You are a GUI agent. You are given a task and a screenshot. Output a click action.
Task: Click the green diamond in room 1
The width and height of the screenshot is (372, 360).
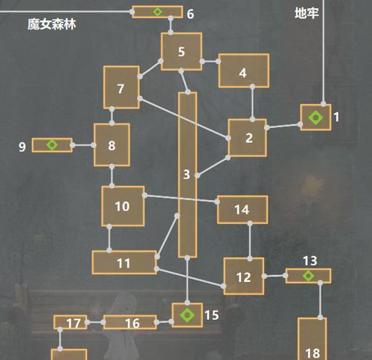[315, 118]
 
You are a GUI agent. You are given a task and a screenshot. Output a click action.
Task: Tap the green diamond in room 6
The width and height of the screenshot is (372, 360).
[157, 12]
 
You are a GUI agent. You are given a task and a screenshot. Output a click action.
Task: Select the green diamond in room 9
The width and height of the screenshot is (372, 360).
[52, 145]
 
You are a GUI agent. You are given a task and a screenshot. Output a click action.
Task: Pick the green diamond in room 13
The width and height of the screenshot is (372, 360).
[308, 276]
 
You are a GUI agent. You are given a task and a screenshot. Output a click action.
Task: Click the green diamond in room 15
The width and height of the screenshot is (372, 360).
[187, 315]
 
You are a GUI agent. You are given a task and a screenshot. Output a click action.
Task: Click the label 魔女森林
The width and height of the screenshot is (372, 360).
[51, 25]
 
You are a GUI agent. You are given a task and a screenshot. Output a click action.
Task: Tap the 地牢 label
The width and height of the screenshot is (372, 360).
[307, 13]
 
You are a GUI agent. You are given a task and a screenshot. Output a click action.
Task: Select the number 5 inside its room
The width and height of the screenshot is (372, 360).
[182, 52]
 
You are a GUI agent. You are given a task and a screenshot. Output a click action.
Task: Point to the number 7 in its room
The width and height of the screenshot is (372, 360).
[121, 89]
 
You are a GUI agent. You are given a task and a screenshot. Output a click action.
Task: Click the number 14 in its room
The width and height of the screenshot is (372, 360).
[242, 210]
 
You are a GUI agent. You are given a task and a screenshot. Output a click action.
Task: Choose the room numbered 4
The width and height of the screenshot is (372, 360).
[244, 71]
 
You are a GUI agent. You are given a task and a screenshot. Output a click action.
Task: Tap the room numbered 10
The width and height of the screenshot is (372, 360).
[123, 206]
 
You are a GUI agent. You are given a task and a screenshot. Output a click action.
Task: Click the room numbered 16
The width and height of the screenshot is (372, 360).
[130, 322]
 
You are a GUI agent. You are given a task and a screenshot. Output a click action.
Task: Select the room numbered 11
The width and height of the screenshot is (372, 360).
[124, 263]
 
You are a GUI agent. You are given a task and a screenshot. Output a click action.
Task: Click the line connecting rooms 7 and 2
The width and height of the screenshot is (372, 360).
[184, 118]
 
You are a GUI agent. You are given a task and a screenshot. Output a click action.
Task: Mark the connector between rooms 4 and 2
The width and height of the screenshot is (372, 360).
[252, 103]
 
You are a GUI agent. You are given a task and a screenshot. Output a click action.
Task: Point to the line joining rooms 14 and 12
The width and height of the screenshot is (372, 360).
[250, 241]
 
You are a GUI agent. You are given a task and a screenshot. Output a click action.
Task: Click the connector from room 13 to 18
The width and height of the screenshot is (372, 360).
[320, 300]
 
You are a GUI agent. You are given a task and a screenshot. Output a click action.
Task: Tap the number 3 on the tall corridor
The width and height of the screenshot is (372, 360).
[187, 175]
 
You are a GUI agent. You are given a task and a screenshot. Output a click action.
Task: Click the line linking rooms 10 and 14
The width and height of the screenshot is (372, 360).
[181, 199]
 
